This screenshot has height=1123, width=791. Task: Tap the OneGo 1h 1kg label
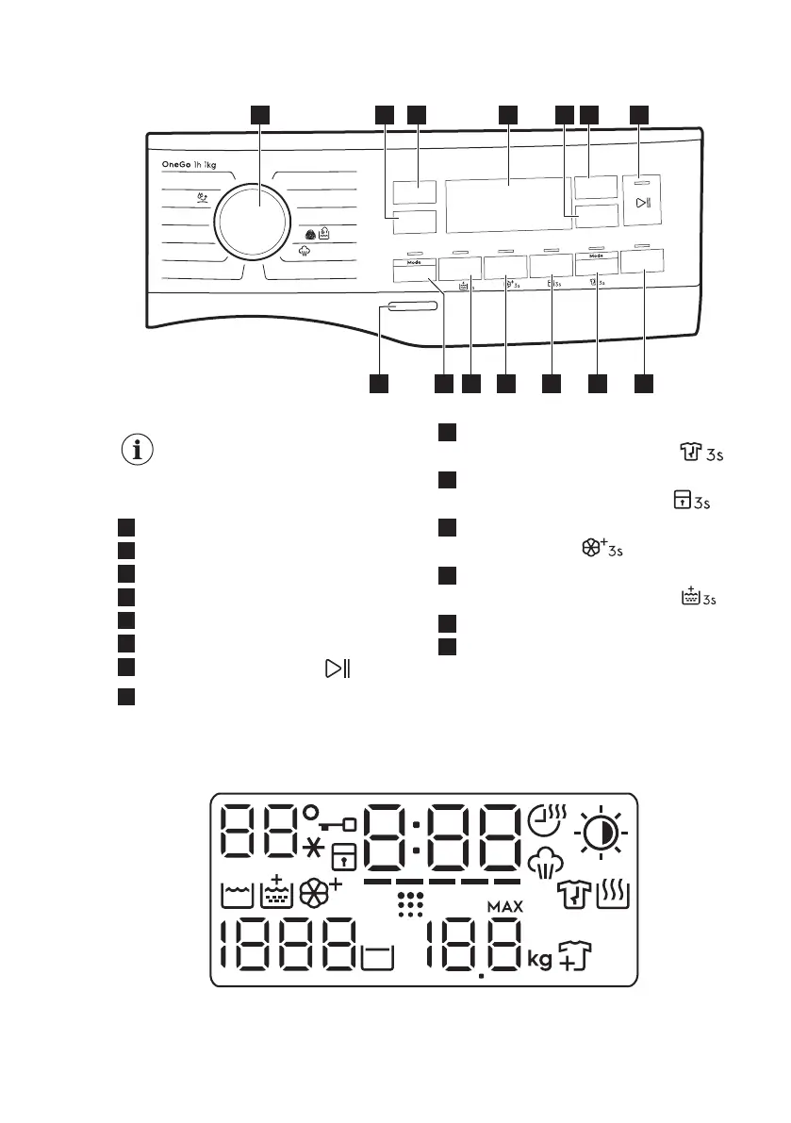pyautogui.click(x=189, y=165)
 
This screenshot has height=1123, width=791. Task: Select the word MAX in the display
pyautogui.click(x=505, y=906)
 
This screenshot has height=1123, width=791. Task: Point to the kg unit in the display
pyautogui.click(x=539, y=959)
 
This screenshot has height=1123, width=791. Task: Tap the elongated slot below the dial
pyautogui.click(x=411, y=307)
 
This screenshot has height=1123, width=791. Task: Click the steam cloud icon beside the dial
pyautogui.click(x=305, y=252)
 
